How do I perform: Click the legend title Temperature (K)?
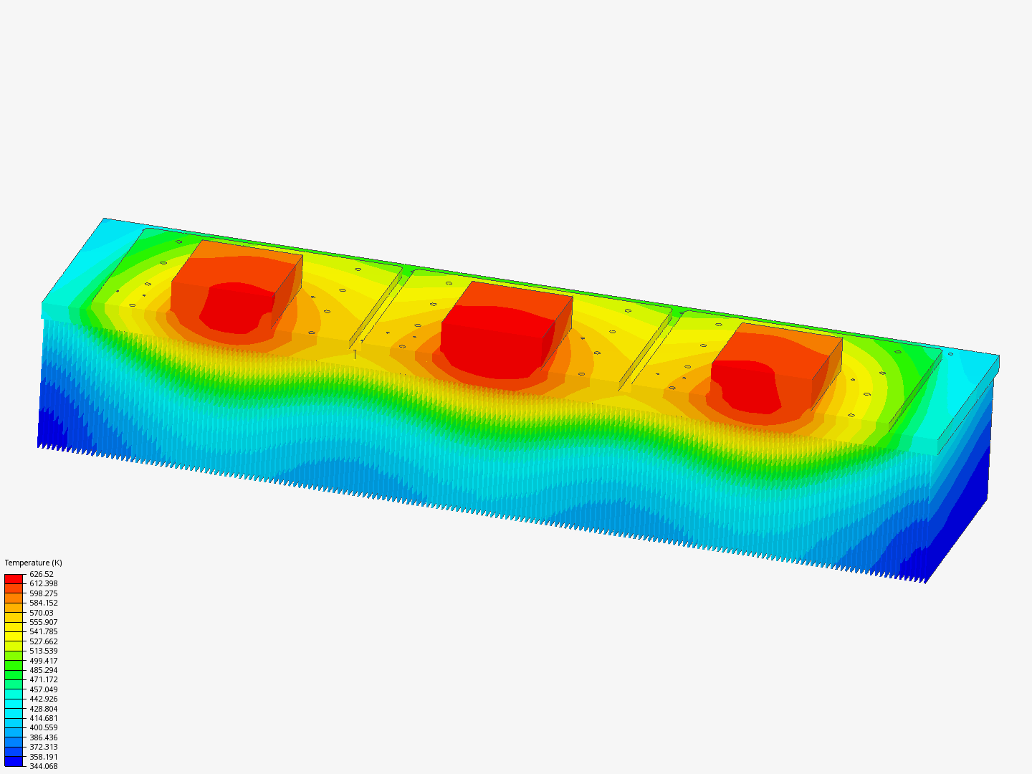click(34, 563)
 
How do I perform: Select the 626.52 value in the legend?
click(42, 574)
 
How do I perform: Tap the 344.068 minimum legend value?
click(43, 767)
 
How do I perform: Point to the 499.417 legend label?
click(43, 661)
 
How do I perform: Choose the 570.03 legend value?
click(42, 613)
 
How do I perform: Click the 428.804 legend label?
click(43, 709)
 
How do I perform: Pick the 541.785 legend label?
click(43, 631)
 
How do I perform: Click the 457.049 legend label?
click(43, 689)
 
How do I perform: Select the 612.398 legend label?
click(43, 583)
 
